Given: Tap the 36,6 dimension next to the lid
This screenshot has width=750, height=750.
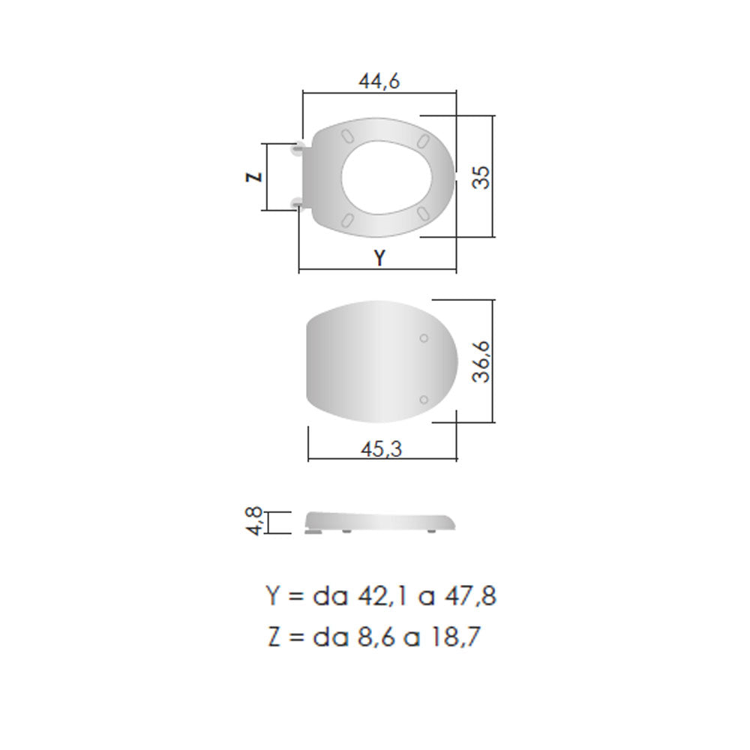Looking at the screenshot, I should [x=481, y=361].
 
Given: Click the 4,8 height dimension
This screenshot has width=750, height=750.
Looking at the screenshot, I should [x=255, y=521].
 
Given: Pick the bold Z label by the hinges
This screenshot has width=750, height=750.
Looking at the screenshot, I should [x=254, y=177].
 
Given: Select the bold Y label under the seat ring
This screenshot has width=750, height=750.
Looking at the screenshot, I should [x=379, y=258].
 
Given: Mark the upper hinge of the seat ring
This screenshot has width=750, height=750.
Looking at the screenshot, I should [x=299, y=148].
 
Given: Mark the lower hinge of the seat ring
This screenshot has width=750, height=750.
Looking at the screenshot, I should [x=298, y=202].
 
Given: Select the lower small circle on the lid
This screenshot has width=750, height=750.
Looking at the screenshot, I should [x=424, y=399].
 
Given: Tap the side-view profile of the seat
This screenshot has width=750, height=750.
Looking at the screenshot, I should [x=380, y=522].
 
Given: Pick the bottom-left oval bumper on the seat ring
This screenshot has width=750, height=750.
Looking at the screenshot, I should [x=347, y=218].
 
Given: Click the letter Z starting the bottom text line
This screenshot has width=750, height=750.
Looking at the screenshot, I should [x=273, y=637].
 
